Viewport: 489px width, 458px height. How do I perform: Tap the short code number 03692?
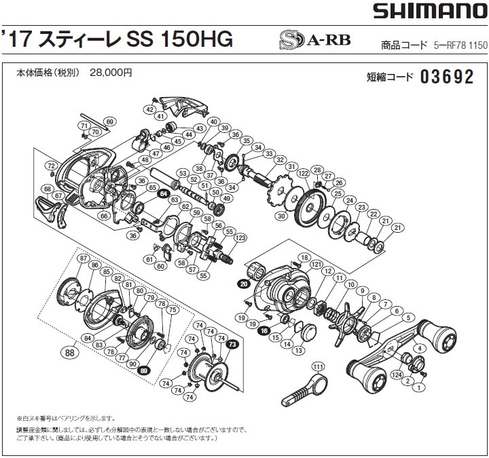[446, 77]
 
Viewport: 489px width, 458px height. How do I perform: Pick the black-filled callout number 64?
[163, 193]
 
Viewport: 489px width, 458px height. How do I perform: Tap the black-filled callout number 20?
[243, 283]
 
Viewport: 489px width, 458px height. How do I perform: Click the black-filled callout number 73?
[232, 345]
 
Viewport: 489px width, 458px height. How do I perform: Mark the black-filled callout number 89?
[144, 371]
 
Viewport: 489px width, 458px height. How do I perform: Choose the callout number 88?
[68, 351]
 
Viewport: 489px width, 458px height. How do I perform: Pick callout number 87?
[83, 259]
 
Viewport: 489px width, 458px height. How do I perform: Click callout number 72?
[50, 166]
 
